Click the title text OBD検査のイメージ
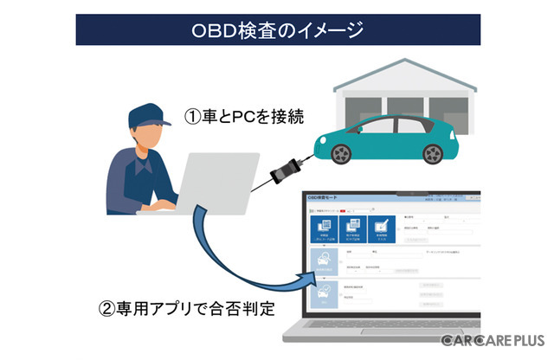click(x=276, y=29)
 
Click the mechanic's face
click(x=147, y=138)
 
